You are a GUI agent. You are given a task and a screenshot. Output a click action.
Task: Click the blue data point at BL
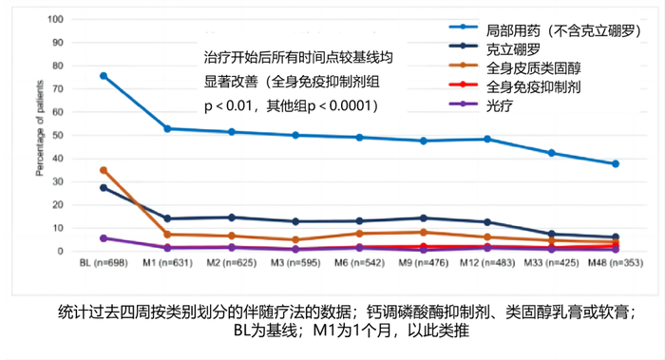(x=104, y=76)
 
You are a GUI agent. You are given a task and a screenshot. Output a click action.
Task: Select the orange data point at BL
(x=104, y=170)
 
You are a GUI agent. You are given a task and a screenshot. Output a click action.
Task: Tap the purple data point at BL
(x=104, y=238)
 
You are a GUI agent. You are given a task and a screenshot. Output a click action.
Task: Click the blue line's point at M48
(x=616, y=164)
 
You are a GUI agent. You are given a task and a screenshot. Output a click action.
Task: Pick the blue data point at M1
(x=167, y=128)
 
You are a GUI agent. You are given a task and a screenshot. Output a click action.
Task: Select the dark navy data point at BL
(x=104, y=187)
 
